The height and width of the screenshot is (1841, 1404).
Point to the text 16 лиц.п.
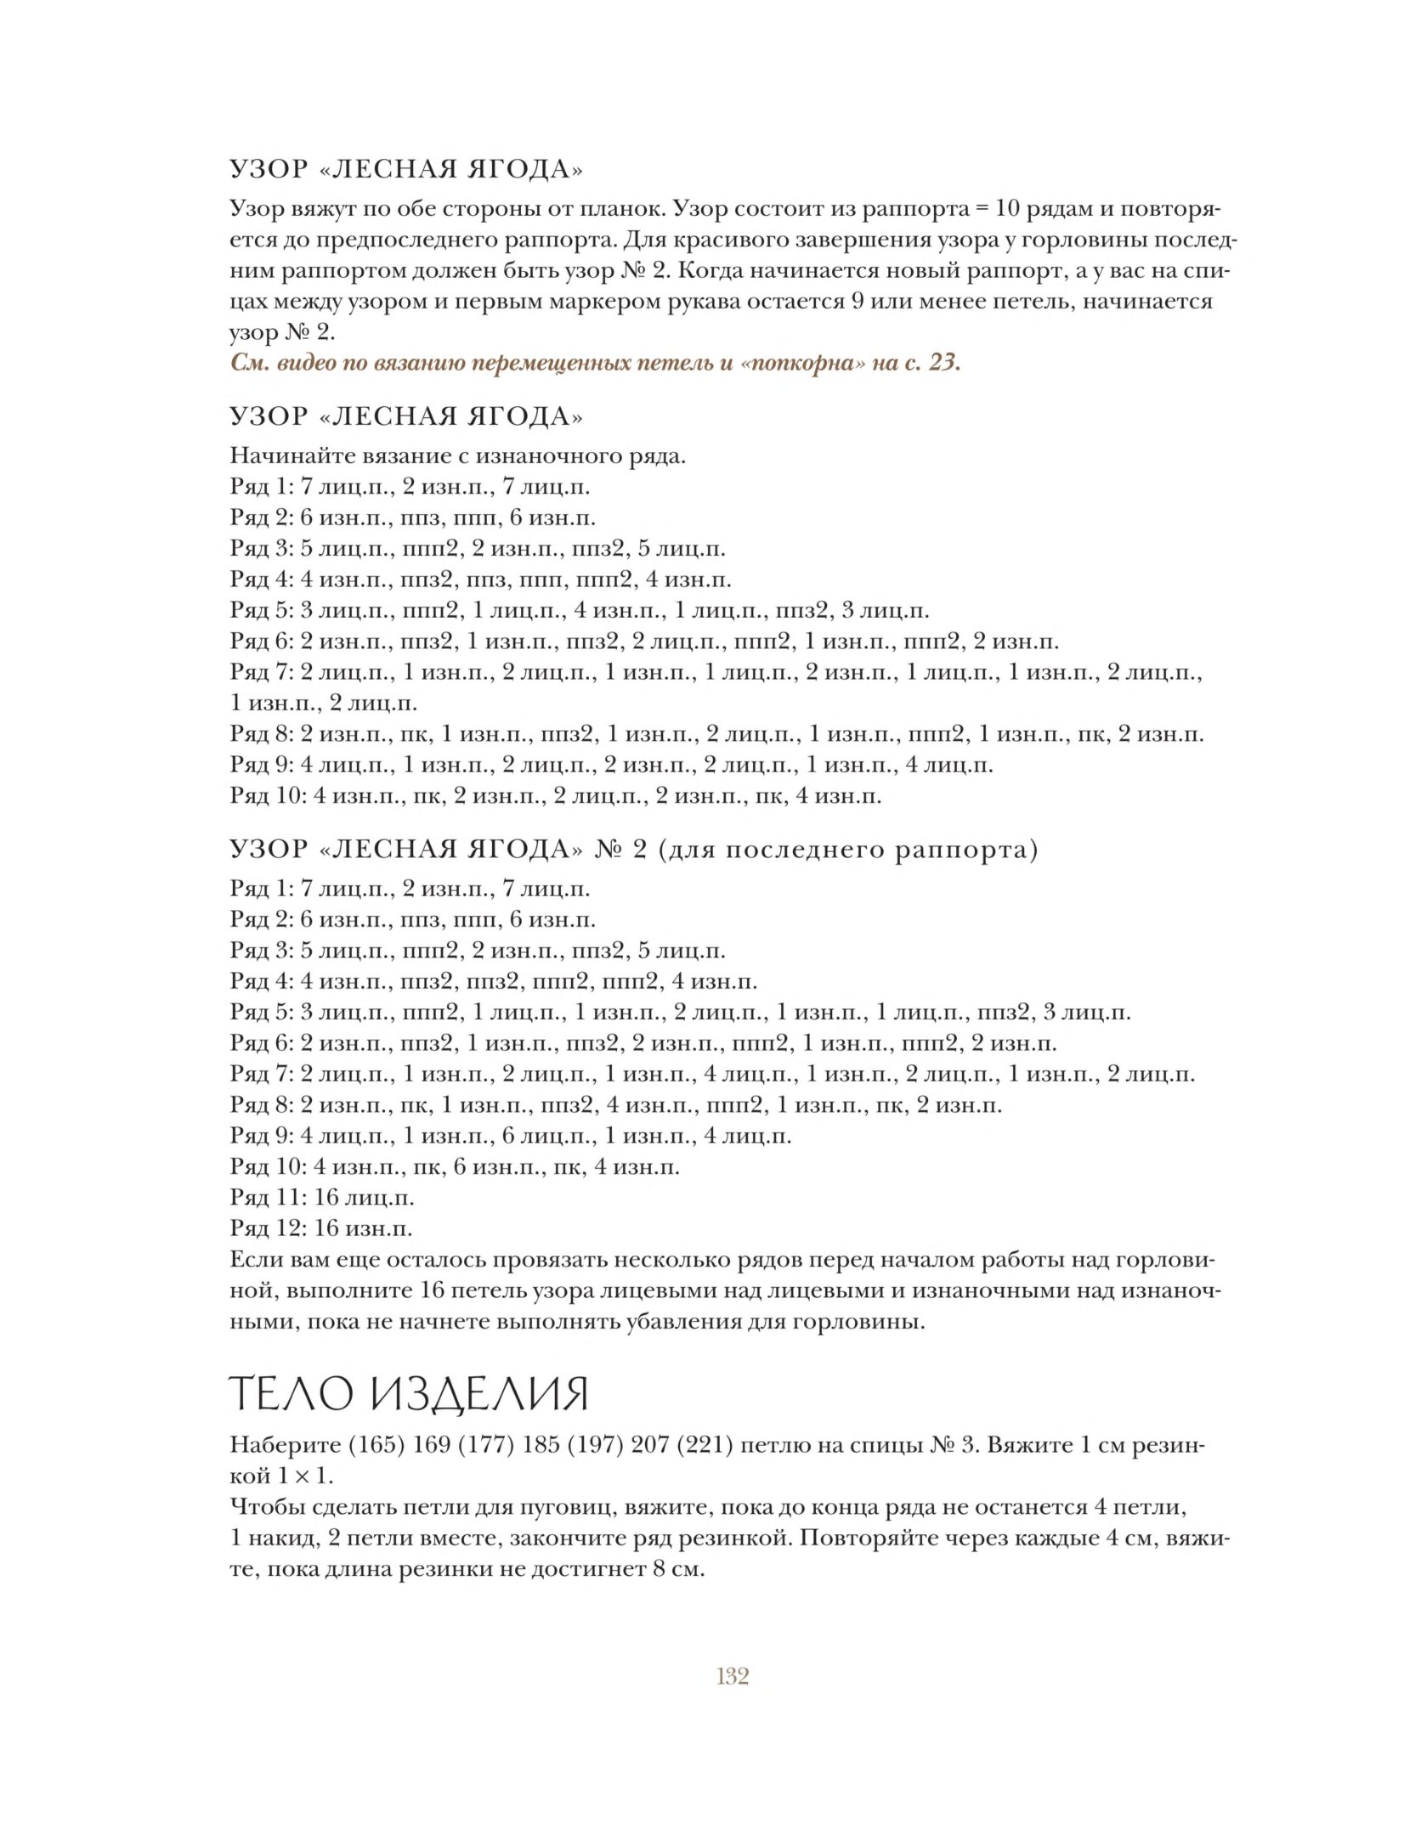point(365,1198)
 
